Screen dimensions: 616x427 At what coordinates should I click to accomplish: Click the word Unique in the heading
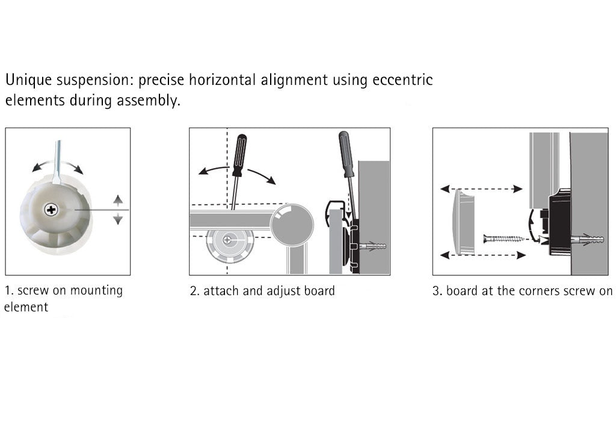(28, 80)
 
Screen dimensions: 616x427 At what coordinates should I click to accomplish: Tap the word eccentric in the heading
(402, 80)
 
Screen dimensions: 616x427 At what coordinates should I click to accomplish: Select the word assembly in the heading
(149, 101)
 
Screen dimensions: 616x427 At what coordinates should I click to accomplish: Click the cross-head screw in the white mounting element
(51, 210)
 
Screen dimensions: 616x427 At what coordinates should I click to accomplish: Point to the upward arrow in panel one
(118, 200)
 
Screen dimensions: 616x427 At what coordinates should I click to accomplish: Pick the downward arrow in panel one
(118, 219)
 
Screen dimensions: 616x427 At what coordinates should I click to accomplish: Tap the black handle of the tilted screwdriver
(239, 155)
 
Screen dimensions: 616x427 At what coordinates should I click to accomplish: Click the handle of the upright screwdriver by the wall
(346, 154)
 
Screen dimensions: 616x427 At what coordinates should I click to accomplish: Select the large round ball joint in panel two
(292, 225)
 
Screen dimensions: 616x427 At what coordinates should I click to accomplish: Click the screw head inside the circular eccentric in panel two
(227, 240)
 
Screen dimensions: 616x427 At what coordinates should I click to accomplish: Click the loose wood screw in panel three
(504, 238)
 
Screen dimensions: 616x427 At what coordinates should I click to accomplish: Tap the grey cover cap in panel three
(463, 222)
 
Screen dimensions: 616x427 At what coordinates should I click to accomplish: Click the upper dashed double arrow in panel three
(482, 189)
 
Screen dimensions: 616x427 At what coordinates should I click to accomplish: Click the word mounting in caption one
(96, 291)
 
